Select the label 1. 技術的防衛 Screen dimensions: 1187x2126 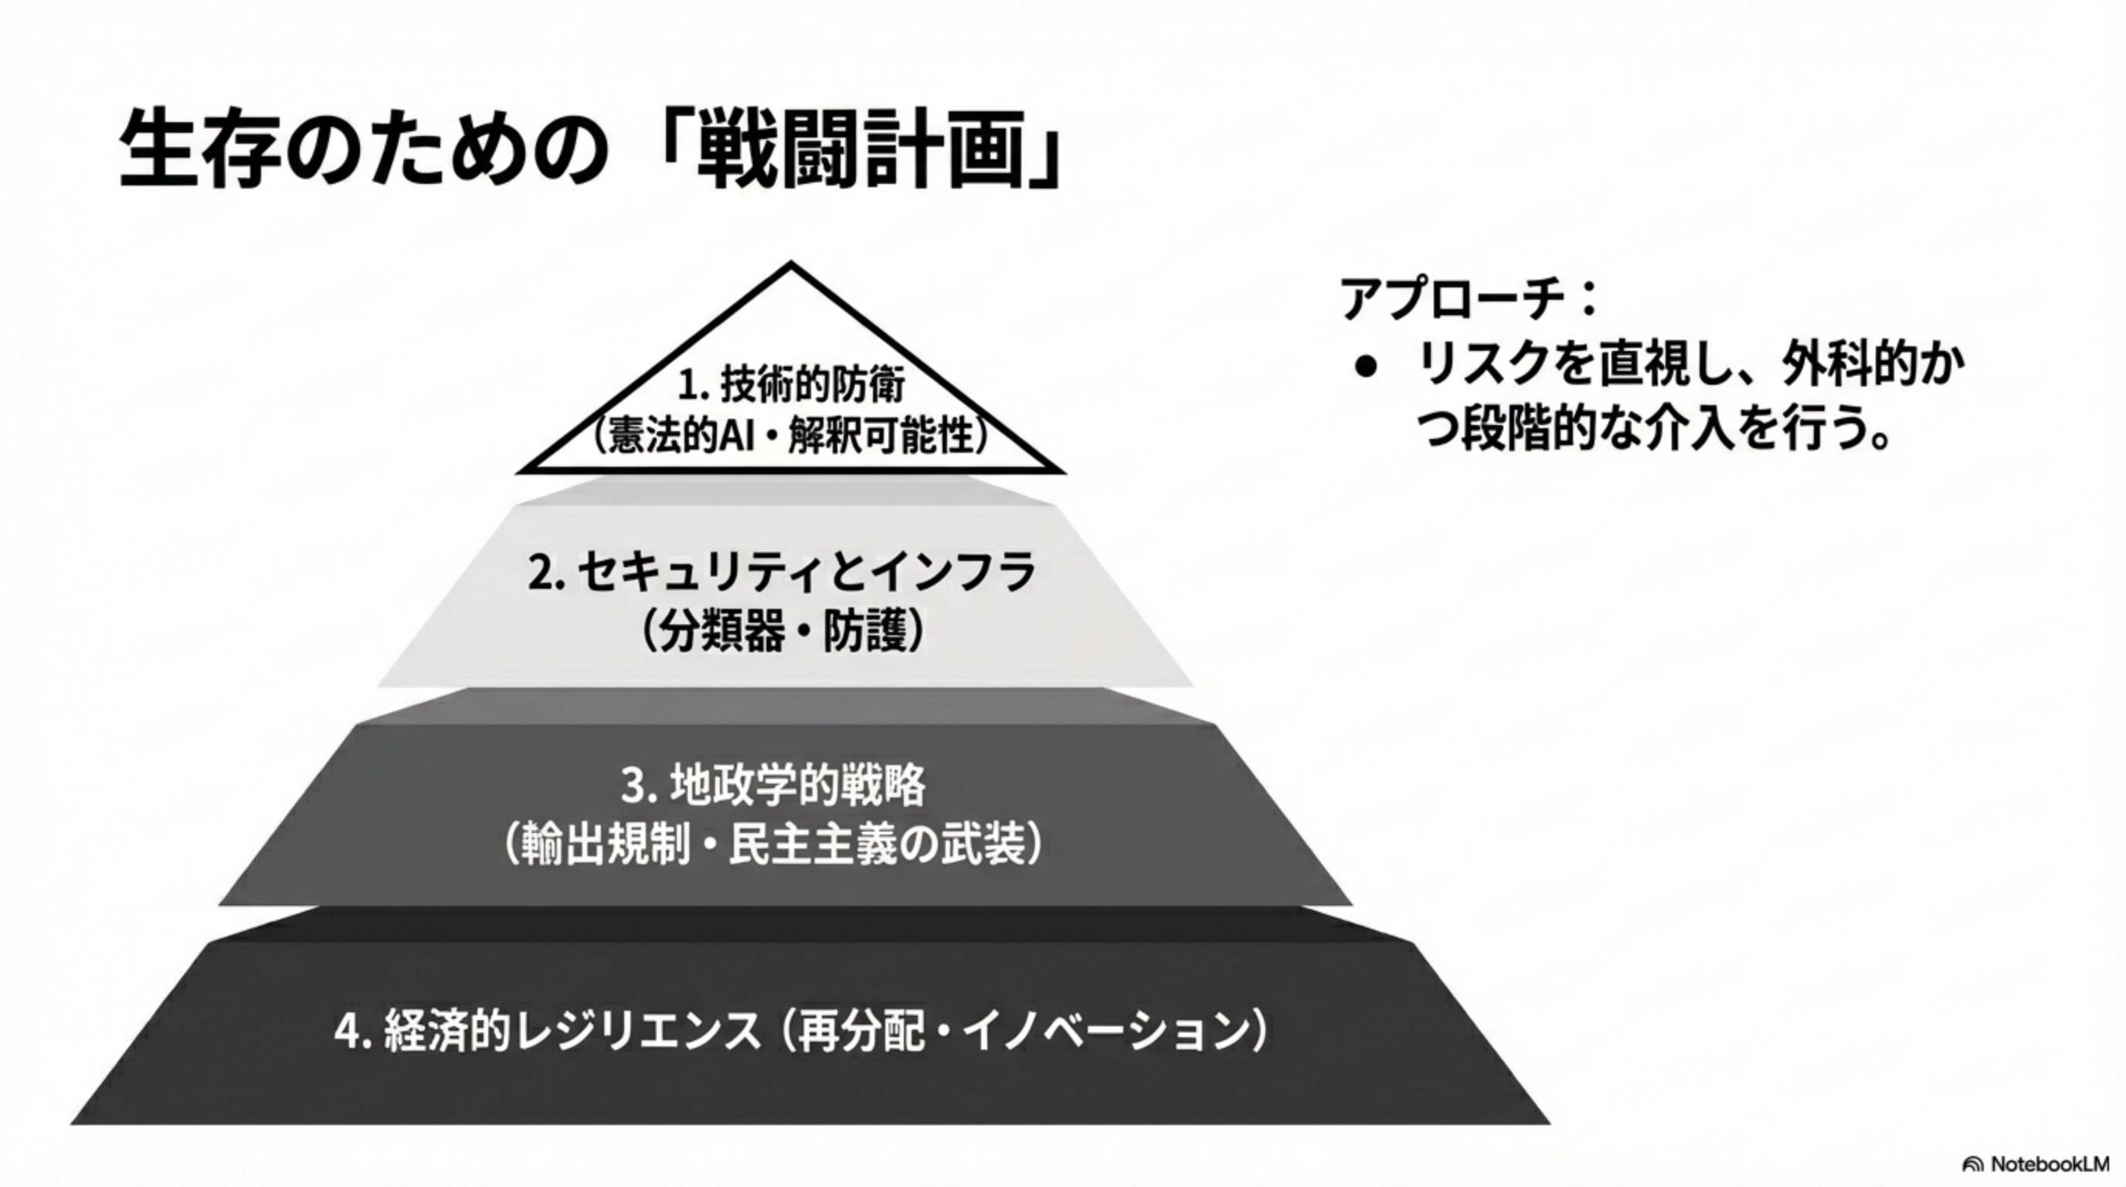click(790, 385)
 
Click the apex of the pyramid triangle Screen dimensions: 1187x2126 click(790, 266)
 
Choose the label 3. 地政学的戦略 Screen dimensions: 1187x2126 click(773, 786)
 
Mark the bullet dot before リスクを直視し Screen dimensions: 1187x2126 click(1366, 366)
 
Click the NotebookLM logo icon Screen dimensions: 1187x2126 click(1972, 1164)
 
